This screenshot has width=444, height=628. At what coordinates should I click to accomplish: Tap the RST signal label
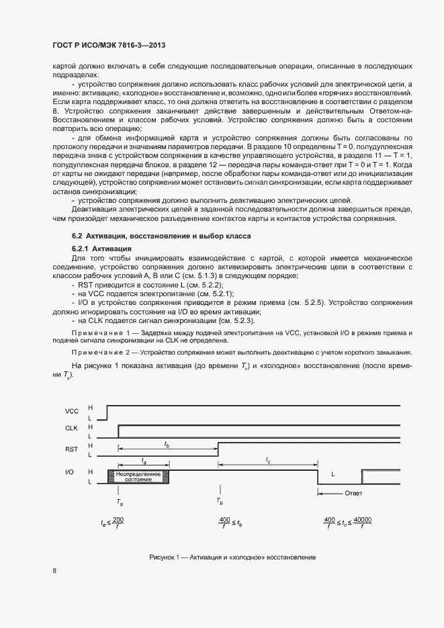click(x=71, y=449)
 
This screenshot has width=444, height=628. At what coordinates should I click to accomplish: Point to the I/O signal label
click(x=70, y=473)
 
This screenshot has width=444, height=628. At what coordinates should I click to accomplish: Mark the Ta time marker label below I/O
click(x=120, y=501)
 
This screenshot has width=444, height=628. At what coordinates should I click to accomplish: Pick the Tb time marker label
click(x=220, y=501)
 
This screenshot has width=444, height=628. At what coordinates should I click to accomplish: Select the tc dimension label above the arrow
click(x=268, y=461)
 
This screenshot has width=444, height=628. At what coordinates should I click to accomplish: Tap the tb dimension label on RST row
click(x=167, y=444)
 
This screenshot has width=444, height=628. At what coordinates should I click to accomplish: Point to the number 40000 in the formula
click(x=362, y=520)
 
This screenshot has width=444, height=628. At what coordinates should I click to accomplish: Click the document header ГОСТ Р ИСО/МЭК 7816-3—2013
click(x=109, y=45)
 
